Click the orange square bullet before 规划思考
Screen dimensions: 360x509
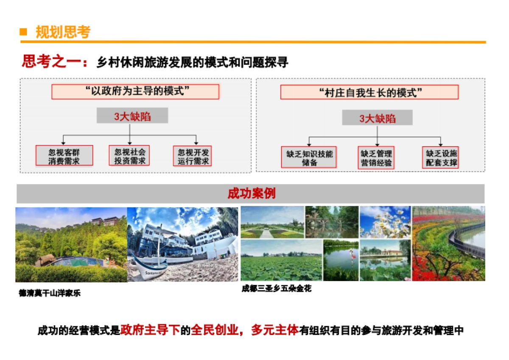[24, 32]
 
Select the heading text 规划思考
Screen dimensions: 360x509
[63, 32]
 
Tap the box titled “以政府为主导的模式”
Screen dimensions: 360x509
[135, 92]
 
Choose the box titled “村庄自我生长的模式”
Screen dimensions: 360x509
[369, 92]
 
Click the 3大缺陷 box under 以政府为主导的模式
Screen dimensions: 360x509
[132, 116]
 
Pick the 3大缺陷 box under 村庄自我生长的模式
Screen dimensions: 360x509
[378, 118]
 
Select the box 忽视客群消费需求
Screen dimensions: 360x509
[64, 156]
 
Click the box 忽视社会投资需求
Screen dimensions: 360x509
[129, 156]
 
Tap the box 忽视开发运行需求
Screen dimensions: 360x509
[193, 156]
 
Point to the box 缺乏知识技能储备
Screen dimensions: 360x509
[309, 157]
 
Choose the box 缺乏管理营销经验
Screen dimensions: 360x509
[376, 157]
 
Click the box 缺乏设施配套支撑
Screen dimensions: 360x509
[441, 157]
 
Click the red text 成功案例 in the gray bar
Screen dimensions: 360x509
[251, 193]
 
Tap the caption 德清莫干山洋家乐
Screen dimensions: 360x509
[50, 293]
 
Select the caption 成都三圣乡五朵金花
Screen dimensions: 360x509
[277, 289]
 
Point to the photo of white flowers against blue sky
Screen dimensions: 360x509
[385, 222]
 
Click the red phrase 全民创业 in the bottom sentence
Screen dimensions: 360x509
[215, 330]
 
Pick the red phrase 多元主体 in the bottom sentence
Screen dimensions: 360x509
[275, 330]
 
